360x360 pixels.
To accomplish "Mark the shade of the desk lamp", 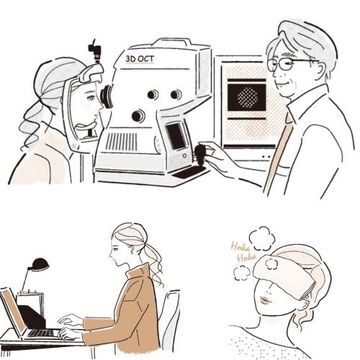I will click(x=38, y=265).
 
